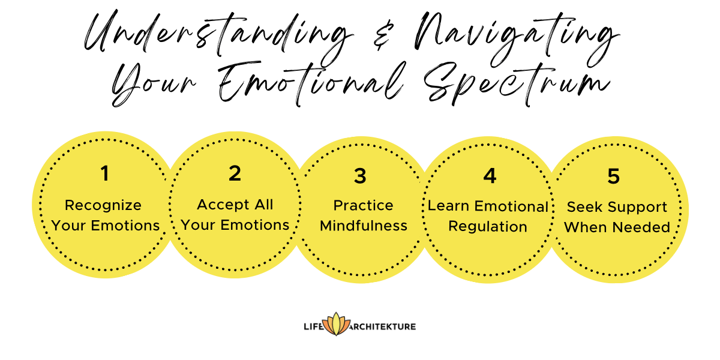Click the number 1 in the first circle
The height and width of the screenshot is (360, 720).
pos(105,174)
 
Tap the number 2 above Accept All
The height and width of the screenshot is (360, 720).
pos(235,173)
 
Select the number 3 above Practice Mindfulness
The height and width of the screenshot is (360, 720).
pos(360,176)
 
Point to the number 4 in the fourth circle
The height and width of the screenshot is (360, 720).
pos(490,176)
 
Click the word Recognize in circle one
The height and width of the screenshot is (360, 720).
pos(103,206)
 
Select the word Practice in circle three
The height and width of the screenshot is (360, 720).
pos(364,206)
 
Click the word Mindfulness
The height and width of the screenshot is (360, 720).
pos(364,226)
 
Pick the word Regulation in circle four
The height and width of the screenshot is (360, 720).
pos(488,227)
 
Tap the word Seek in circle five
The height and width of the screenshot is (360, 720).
pos(582,208)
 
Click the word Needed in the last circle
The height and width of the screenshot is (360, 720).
pos(646,228)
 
